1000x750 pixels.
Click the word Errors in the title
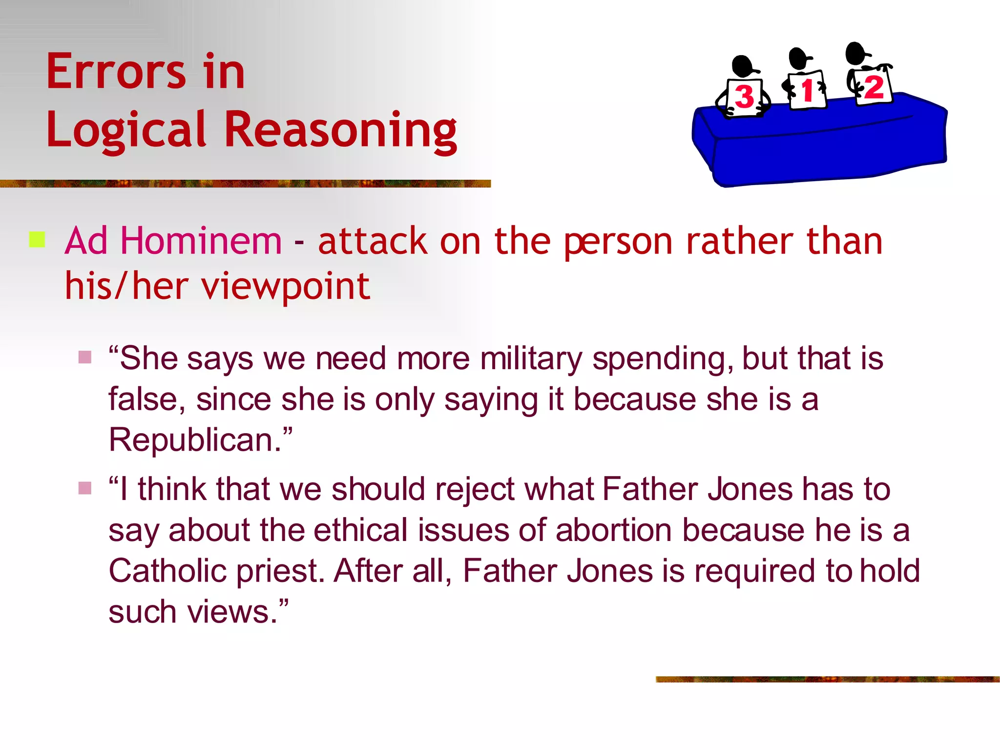[116, 72]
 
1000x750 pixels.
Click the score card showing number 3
[745, 97]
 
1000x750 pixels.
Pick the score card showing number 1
[807, 91]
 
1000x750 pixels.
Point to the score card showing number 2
[873, 87]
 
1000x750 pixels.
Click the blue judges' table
[820, 146]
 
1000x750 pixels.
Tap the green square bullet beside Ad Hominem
[37, 240]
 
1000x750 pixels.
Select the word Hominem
[201, 241]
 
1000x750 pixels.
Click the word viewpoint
[286, 287]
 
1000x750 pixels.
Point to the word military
[531, 359]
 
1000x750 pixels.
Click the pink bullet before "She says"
[85, 357]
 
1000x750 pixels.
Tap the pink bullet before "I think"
[85, 488]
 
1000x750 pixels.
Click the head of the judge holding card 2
[856, 53]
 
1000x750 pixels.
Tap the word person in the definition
[618, 242]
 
